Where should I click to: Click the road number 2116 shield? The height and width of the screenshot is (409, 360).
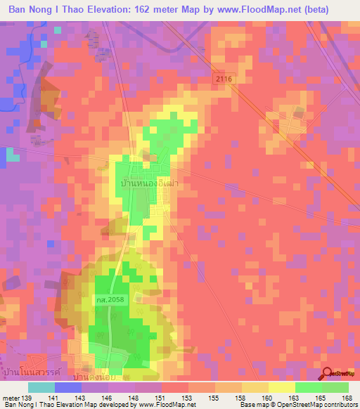point(223,81)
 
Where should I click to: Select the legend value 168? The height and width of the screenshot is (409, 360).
point(346,398)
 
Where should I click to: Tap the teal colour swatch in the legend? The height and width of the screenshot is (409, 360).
point(41,387)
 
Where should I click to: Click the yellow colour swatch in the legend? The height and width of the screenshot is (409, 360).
point(282,387)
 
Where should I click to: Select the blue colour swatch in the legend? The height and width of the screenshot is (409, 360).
point(68,387)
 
